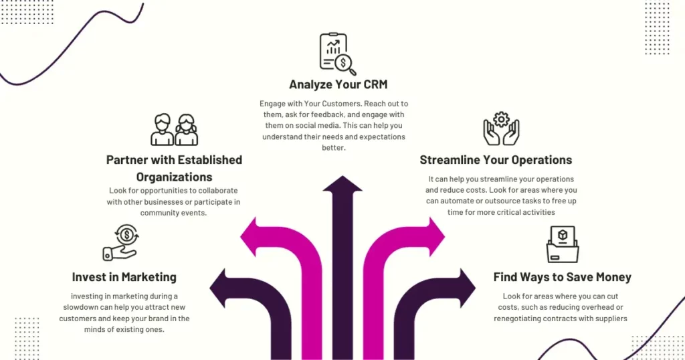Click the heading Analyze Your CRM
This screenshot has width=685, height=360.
[338, 84]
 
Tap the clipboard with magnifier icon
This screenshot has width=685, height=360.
[338, 54]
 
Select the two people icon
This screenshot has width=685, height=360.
[175, 130]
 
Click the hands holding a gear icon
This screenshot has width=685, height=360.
[501, 129]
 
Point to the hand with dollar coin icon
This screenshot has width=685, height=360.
[121, 243]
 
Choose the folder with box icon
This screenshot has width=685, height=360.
[563, 244]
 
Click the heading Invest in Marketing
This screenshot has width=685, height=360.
[124, 277]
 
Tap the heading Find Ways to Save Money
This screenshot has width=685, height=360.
[562, 277]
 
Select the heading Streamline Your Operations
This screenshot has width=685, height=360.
[496, 160]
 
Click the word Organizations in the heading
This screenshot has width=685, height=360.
[175, 177]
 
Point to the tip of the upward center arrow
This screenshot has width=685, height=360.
[342, 176]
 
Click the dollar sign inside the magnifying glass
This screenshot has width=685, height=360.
[343, 63]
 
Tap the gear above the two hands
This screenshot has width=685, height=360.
[501, 119]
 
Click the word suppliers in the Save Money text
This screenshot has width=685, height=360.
[611, 319]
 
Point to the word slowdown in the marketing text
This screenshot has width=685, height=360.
[81, 307]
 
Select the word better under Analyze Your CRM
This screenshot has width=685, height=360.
[334, 148]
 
